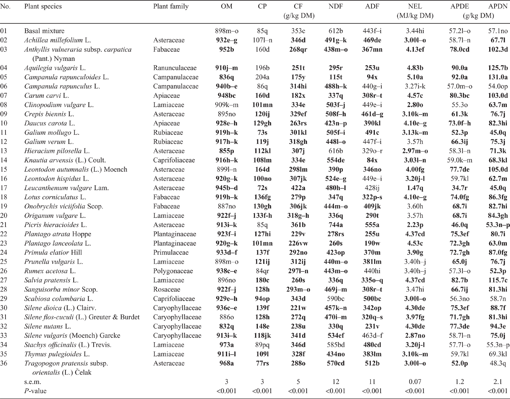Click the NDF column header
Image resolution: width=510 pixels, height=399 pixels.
[x=335, y=6]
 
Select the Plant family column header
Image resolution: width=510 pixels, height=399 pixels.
[x=171, y=7]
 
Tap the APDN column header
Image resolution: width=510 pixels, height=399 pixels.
[x=498, y=6]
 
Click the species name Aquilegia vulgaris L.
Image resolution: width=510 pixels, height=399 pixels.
[x=55, y=68]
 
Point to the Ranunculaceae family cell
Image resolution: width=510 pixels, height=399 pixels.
[x=175, y=68]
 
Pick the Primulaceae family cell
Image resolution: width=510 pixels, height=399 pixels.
[x=171, y=253]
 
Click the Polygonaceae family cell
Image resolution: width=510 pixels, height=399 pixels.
[x=173, y=271]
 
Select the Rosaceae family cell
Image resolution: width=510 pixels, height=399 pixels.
[x=165, y=289]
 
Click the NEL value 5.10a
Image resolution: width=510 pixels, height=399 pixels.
[x=415, y=77]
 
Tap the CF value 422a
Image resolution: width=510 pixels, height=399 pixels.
[x=298, y=188]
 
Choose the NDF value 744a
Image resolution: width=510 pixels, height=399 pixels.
[x=335, y=225]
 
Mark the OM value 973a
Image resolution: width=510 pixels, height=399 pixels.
[x=226, y=345]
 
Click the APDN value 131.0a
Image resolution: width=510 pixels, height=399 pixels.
[x=498, y=77]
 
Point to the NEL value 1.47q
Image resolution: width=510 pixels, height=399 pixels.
[x=415, y=188]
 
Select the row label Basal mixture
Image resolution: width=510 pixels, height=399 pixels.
[x=44, y=31]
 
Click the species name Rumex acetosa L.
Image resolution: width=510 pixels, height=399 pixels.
[x=50, y=271]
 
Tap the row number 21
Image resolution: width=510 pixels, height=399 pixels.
[x=4, y=225]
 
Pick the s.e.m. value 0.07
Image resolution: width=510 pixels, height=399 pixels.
[x=415, y=382]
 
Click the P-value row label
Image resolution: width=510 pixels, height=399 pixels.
[x=35, y=391]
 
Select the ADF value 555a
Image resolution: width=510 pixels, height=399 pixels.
[x=372, y=225]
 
